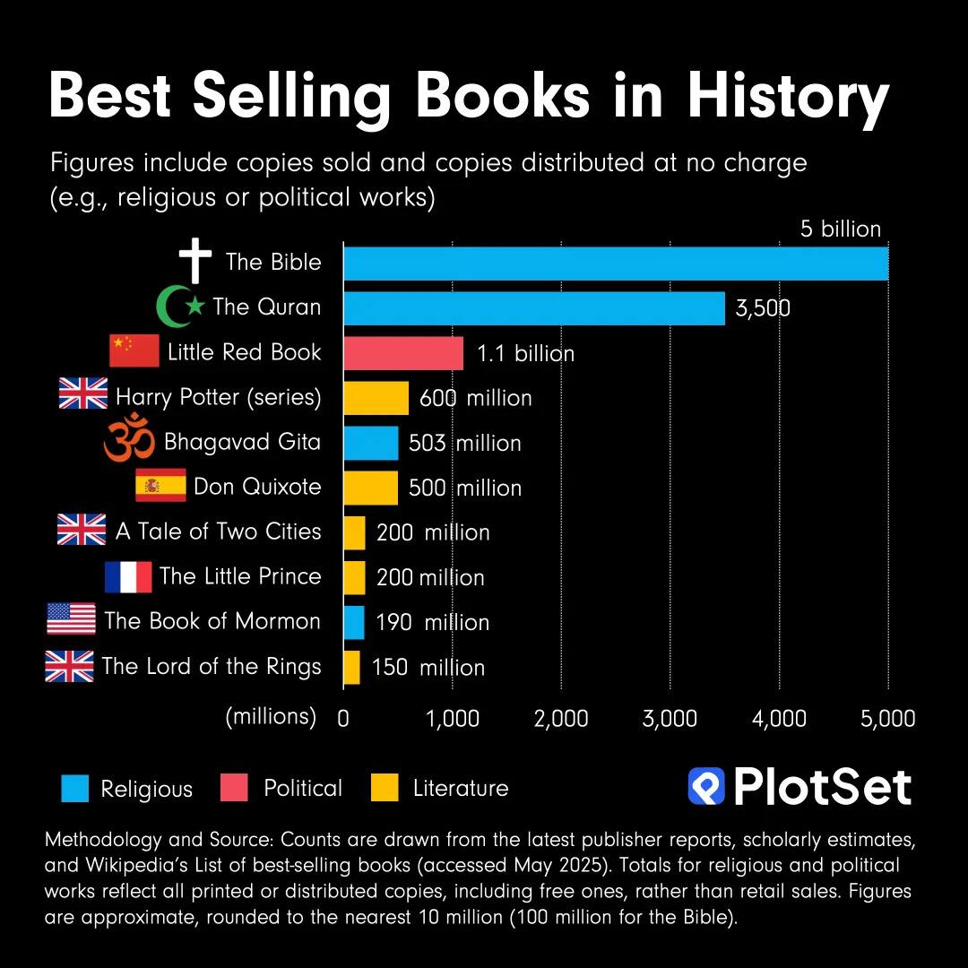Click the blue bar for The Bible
(616, 263)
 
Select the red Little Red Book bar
(403, 352)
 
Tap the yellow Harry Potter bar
(376, 397)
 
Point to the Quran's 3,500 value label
(763, 308)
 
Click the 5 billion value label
(841, 229)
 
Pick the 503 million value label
(464, 443)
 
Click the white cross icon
(195, 261)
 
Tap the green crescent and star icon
(179, 307)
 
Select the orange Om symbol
(130, 442)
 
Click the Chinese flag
(134, 351)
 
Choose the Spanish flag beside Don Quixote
(160, 486)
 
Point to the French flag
(128, 576)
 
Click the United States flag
(71, 620)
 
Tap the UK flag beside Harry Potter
(83, 395)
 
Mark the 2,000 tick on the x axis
(561, 718)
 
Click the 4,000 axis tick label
(779, 718)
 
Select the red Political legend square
(233, 788)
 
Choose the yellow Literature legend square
(384, 788)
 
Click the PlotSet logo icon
(706, 786)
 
